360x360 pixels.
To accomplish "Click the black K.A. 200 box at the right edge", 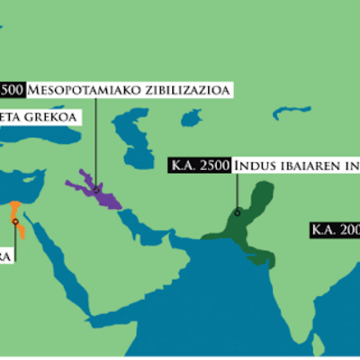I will pos(334,229).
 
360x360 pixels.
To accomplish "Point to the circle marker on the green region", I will pos(236,213).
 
